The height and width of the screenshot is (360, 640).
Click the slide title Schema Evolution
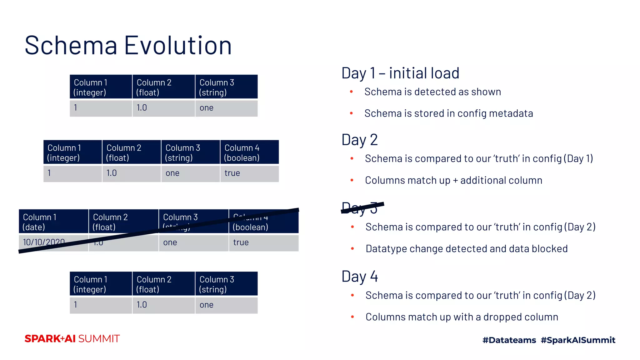click(128, 46)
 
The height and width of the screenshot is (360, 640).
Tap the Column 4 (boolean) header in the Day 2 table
click(249, 152)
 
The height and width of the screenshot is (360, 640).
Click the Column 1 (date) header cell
click(53, 222)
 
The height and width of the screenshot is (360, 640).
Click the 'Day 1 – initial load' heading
click(400, 73)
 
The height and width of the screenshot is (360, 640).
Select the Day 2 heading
click(360, 140)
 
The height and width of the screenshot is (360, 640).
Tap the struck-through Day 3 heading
click(360, 208)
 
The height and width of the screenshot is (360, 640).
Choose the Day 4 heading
click(360, 277)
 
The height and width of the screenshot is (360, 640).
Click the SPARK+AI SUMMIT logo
click(72, 339)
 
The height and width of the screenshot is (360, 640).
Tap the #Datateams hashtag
click(509, 340)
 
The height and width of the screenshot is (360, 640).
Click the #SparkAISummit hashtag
click(578, 340)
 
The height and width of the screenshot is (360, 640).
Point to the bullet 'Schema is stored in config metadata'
click(448, 113)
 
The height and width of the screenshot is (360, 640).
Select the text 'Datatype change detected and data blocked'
click(466, 249)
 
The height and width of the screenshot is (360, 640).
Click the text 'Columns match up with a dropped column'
click(462, 317)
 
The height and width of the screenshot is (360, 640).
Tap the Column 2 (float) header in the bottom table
click(163, 284)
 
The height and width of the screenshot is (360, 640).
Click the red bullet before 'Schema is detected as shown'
click(352, 92)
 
